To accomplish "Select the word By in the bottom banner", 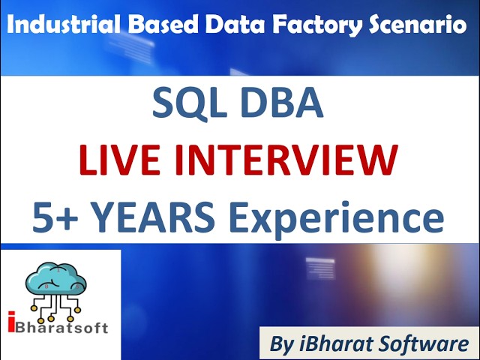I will [x=283, y=345].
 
